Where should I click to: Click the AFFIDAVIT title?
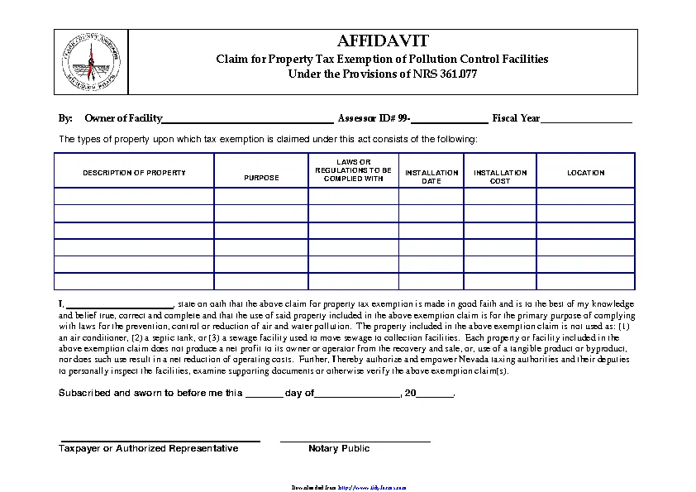coord(382,41)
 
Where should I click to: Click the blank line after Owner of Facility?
coord(247,120)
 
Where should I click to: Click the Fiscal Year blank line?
coord(586,120)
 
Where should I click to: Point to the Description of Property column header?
coord(134,173)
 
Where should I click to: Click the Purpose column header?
coord(261,178)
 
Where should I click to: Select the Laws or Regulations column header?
coord(353,170)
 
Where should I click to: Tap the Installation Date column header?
coord(431,177)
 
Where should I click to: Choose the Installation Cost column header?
coord(500,177)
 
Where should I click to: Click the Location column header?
coord(585,173)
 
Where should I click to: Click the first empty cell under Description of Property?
coord(134,196)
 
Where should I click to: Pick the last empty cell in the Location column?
coord(585,281)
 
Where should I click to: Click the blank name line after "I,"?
coord(120,304)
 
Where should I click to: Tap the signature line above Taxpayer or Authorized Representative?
coord(159,440)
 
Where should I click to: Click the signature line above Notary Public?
coord(355,440)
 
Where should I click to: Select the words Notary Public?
coord(339,449)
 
